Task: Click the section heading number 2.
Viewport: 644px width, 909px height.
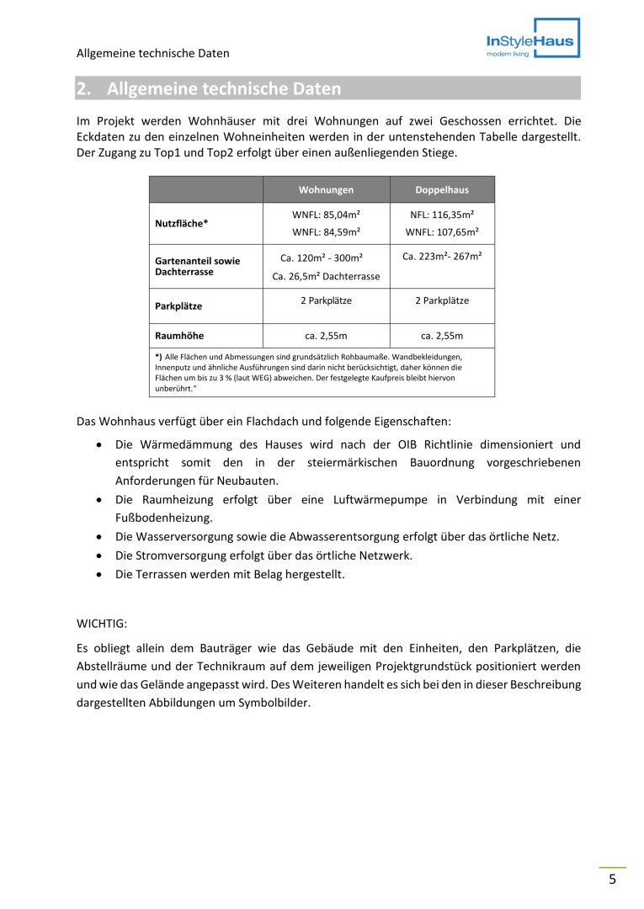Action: pyautogui.click(x=82, y=88)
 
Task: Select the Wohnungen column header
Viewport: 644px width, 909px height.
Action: pyautogui.click(x=326, y=190)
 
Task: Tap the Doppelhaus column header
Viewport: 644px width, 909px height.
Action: pyautogui.click(x=442, y=190)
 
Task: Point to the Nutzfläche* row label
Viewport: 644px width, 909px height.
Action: pyautogui.click(x=181, y=223)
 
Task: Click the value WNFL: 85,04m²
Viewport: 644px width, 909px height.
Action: pyautogui.click(x=326, y=215)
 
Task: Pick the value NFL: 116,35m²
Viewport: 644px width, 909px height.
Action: pyautogui.click(x=442, y=215)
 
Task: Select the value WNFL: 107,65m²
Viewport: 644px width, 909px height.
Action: pyautogui.click(x=442, y=231)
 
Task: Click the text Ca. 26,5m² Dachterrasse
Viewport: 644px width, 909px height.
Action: pyautogui.click(x=326, y=276)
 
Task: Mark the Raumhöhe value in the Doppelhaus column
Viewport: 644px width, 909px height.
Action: pyautogui.click(x=442, y=336)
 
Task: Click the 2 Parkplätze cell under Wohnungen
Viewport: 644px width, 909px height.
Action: pyautogui.click(x=326, y=300)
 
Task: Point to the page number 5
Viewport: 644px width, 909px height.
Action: pyautogui.click(x=612, y=880)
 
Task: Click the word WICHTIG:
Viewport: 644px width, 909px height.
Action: pyautogui.click(x=101, y=625)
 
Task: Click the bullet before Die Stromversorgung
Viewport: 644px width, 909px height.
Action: pyautogui.click(x=100, y=555)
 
